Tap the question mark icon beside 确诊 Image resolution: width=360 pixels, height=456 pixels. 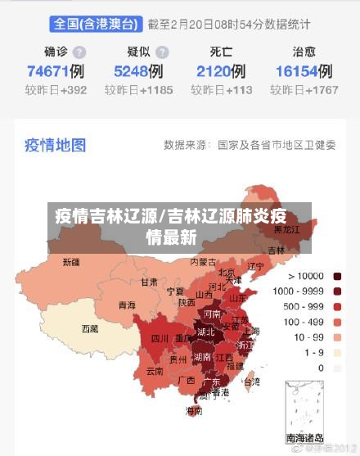[x=79, y=52]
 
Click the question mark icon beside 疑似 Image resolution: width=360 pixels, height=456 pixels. [x=163, y=52]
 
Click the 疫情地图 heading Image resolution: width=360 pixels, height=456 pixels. [x=55, y=145]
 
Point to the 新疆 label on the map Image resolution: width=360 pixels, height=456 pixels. [x=71, y=264]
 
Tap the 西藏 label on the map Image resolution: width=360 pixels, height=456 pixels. [x=89, y=329]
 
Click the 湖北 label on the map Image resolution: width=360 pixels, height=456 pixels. [x=205, y=332]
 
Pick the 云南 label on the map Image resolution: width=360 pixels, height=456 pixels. [x=155, y=371]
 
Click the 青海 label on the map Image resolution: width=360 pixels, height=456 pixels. [x=127, y=305]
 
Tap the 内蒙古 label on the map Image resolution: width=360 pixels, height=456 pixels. [x=203, y=263]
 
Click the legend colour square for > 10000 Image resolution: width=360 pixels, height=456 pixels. [x=337, y=276]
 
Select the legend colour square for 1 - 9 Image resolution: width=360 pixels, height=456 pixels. [x=337, y=353]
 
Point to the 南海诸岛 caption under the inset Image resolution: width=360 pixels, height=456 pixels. [x=304, y=438]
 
